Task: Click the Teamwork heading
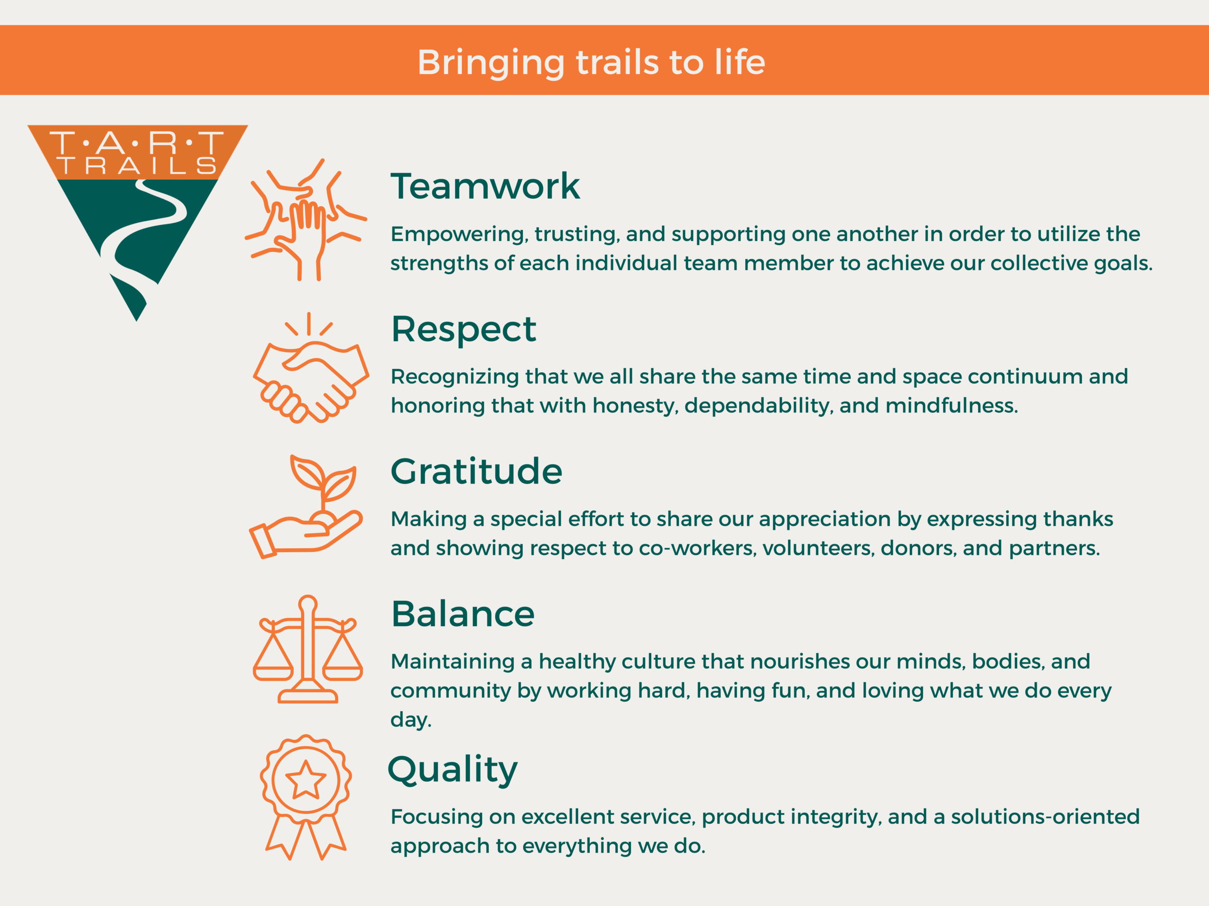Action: point(485,186)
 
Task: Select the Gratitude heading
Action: point(476,471)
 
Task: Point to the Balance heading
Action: point(463,614)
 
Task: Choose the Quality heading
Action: point(452,771)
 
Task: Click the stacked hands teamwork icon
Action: point(306,219)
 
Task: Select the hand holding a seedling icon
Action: point(306,507)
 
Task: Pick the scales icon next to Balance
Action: point(308,649)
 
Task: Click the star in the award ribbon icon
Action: point(306,780)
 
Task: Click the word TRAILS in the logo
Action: point(136,166)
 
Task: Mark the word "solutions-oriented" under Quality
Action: point(1045,817)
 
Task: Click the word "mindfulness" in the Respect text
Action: point(952,406)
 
